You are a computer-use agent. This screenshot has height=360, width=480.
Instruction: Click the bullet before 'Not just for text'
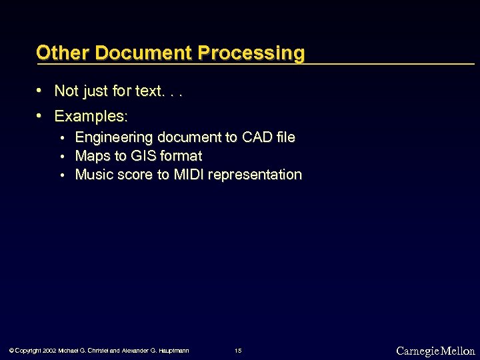point(41,90)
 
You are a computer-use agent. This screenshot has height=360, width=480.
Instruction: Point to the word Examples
point(90,117)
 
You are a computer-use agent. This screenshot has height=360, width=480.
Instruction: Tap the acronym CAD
point(257,137)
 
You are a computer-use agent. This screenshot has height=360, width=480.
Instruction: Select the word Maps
point(93,156)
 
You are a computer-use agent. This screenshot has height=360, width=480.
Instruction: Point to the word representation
point(255,175)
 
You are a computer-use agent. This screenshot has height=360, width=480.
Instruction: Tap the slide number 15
point(239,351)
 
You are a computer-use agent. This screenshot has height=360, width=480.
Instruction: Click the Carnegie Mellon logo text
point(435,351)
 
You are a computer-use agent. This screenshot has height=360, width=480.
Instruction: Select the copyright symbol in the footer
point(11,351)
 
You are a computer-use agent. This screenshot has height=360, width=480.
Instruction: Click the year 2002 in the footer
point(49,351)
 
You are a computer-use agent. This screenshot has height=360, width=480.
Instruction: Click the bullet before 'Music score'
point(63,175)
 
